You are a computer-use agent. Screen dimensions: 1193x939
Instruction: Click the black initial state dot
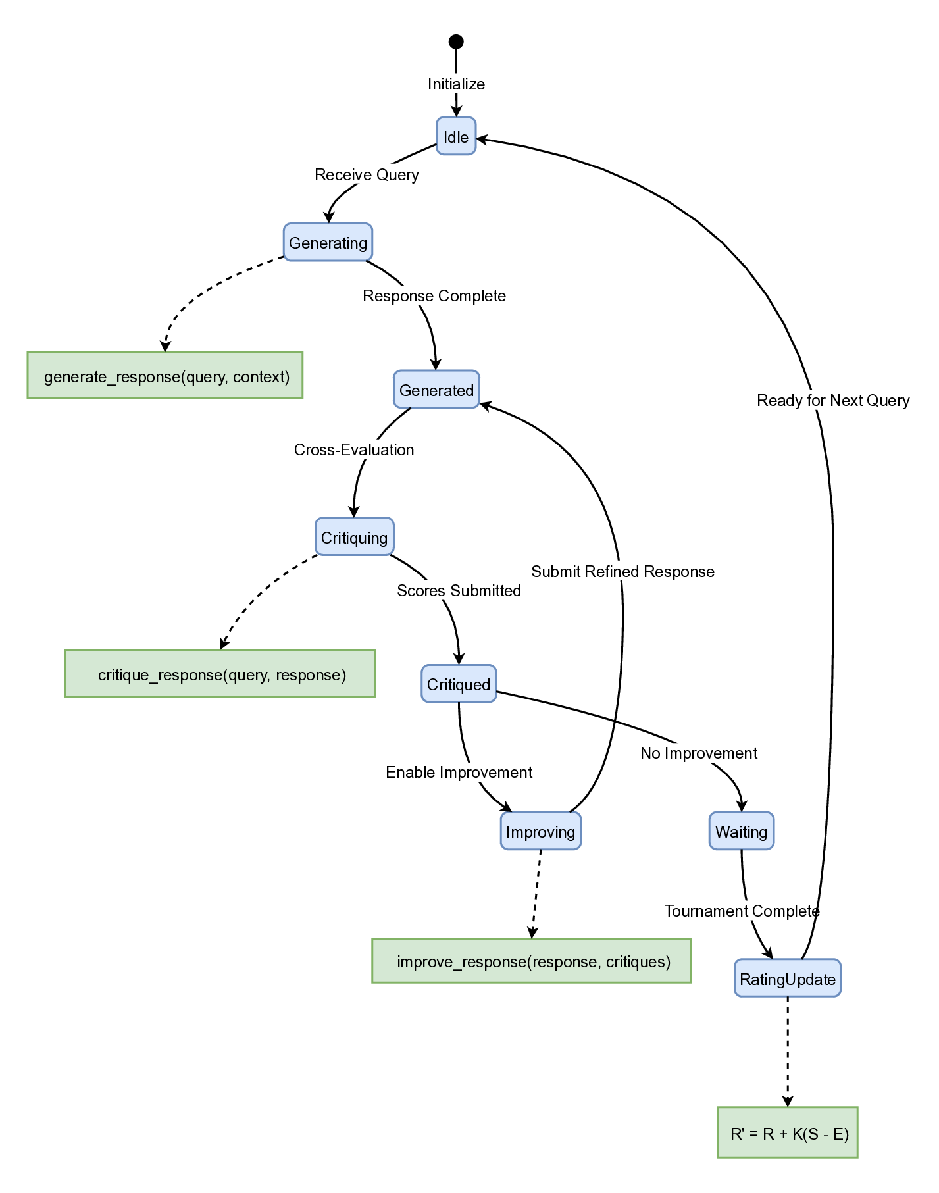[x=456, y=42]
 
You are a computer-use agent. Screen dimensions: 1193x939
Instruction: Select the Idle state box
[x=456, y=137]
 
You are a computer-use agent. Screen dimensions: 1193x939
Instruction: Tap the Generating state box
[x=328, y=243]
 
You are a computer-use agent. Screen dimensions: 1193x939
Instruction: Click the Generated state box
[x=436, y=390]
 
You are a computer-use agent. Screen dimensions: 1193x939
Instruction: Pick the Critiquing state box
[x=355, y=537]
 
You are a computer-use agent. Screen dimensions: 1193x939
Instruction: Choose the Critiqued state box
[x=459, y=684]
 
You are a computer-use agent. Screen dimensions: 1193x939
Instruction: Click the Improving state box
[x=540, y=831]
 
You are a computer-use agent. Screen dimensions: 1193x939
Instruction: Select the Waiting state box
[x=741, y=831]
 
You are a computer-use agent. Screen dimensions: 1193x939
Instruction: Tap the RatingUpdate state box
[x=788, y=978]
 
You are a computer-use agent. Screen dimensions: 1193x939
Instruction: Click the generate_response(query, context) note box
[x=165, y=376]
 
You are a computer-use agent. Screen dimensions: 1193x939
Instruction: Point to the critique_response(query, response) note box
[x=220, y=674]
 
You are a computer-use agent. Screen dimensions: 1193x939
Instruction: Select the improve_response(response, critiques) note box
[x=532, y=961]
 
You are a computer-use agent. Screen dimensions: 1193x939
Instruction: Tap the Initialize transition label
[x=456, y=84]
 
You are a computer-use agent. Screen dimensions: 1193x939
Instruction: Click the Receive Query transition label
[x=367, y=175]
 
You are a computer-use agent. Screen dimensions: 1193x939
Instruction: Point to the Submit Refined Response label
[x=622, y=572]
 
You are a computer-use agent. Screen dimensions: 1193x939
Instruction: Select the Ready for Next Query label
[x=833, y=401]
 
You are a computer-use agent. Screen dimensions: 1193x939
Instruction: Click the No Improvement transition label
[x=699, y=753]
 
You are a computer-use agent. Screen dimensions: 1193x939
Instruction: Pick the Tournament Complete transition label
[x=742, y=911]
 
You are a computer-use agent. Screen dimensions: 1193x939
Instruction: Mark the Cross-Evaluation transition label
[x=354, y=450]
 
